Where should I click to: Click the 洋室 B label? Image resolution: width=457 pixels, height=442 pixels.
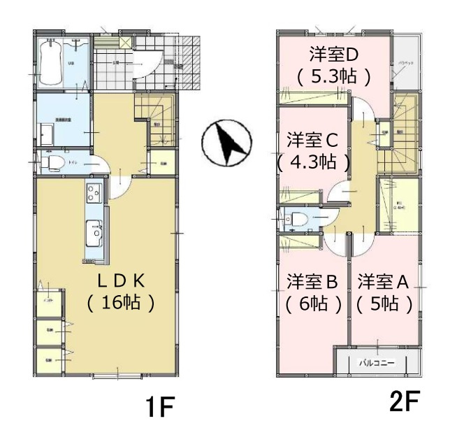(312, 282)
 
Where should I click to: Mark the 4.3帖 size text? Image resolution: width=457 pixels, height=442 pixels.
(312, 163)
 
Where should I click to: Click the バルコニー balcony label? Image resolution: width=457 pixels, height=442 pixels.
(377, 363)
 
